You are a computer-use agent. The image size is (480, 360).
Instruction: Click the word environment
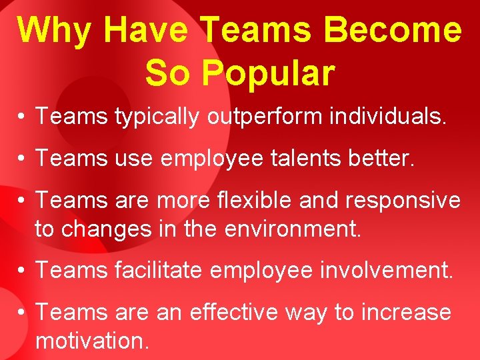293,229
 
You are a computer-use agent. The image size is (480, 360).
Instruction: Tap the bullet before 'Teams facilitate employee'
22,271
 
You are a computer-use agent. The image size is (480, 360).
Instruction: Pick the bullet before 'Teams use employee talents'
22,159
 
